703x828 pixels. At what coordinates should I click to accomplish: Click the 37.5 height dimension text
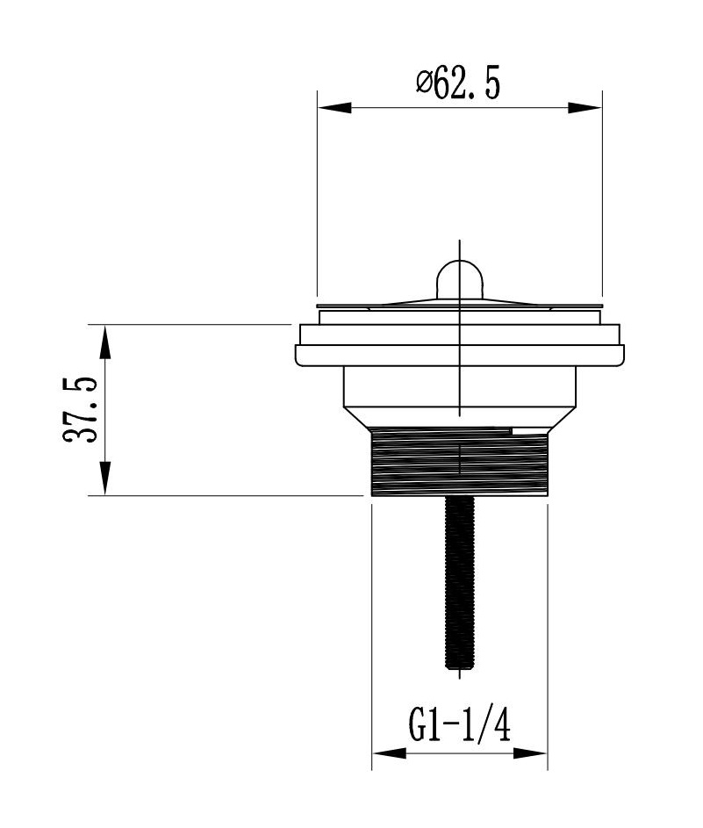tap(80, 410)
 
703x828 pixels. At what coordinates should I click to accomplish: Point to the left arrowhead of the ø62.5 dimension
tap(334, 107)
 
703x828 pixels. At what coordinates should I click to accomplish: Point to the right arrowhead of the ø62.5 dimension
tap(585, 107)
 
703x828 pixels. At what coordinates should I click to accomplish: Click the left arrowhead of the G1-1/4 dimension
tap(390, 753)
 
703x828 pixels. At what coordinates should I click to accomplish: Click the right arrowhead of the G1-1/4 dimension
tap(530, 753)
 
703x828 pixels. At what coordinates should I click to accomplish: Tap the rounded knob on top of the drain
tap(460, 279)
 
